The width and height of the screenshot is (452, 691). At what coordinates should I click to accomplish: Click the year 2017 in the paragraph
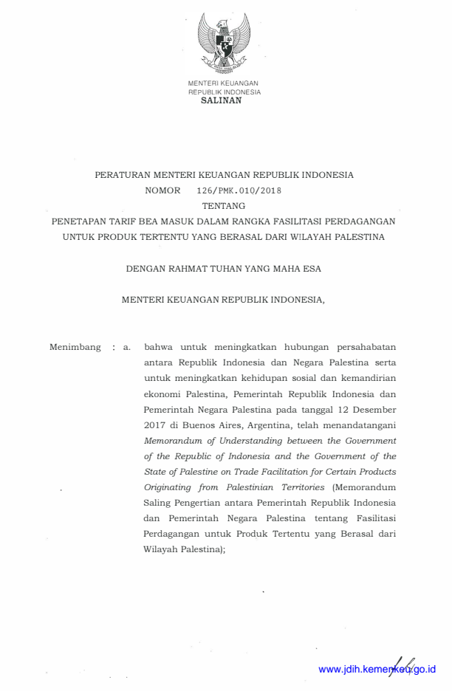pos(157,425)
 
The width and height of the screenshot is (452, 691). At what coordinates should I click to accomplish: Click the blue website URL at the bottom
pos(377,670)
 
